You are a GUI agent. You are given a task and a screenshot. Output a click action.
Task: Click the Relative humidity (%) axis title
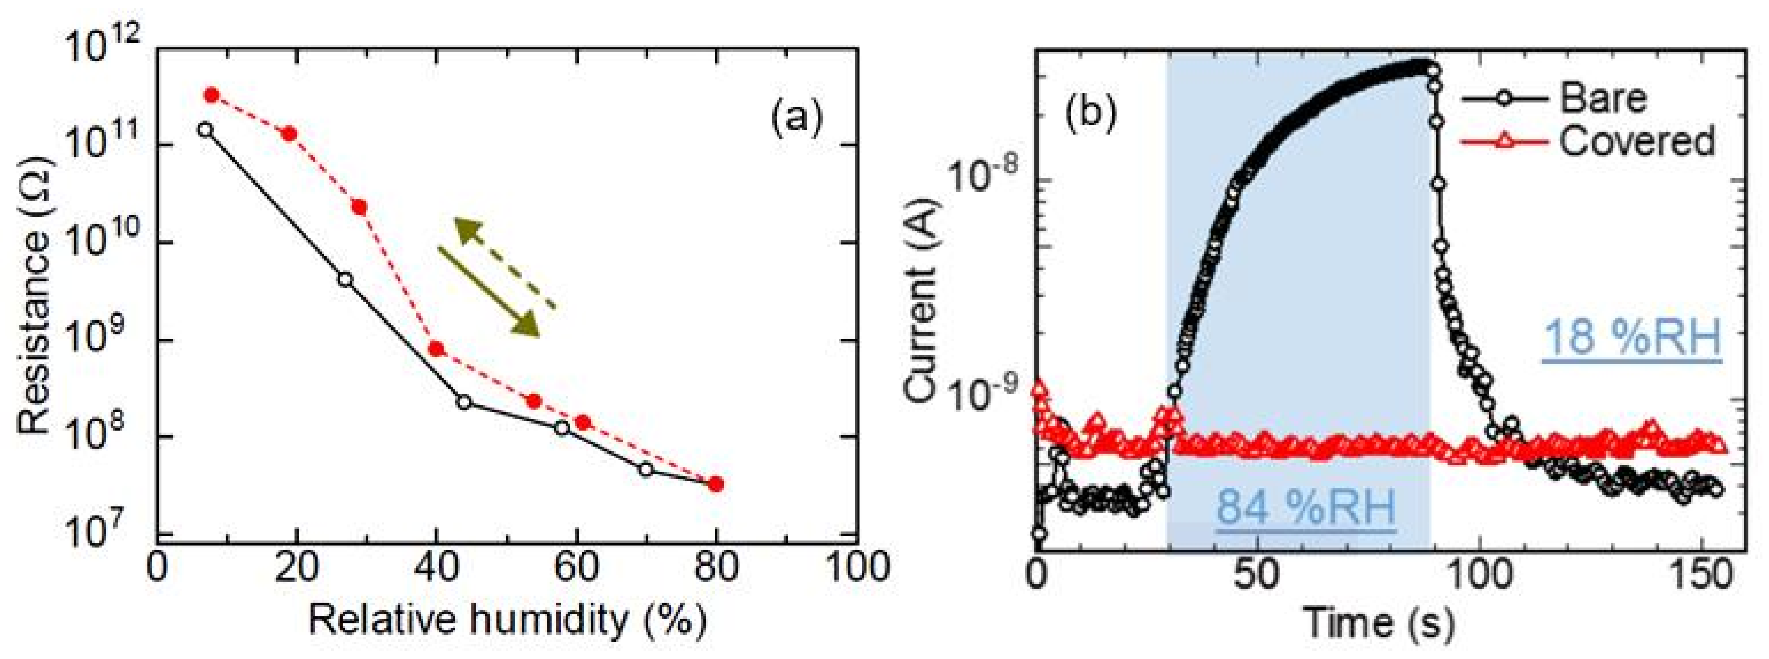507,620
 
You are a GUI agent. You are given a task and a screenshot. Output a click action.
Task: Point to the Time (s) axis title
1378,622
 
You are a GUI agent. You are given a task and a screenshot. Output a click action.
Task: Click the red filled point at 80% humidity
716,485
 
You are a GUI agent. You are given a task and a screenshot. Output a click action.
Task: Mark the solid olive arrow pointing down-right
490,292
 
